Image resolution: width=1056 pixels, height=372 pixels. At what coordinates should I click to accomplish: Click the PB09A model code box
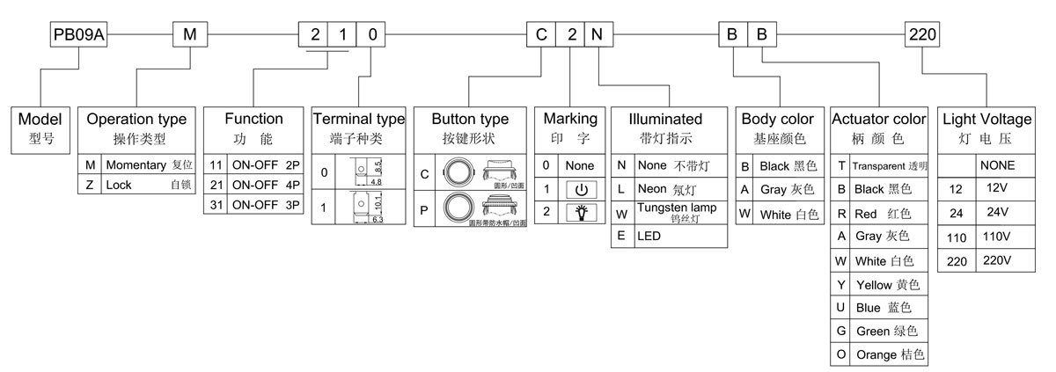[x=80, y=35]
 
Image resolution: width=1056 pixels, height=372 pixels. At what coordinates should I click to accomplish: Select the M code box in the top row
[x=190, y=35]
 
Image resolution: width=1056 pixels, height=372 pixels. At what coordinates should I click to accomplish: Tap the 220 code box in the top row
[x=922, y=35]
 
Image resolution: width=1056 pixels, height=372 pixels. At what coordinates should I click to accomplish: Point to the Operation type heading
[x=136, y=119]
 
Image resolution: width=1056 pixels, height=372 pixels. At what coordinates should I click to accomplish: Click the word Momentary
[x=136, y=164]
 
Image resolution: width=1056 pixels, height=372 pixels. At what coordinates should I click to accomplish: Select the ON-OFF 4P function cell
[x=266, y=186]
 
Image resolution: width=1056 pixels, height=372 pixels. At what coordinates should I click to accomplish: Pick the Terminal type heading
[x=358, y=119]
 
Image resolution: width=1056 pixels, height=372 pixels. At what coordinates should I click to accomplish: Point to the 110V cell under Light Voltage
[x=996, y=237]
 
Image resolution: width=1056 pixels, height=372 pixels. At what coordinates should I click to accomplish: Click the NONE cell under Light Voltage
[x=996, y=165]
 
